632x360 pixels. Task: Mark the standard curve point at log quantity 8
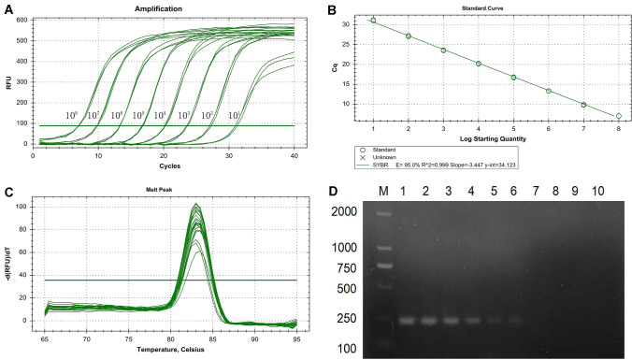[618, 116]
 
